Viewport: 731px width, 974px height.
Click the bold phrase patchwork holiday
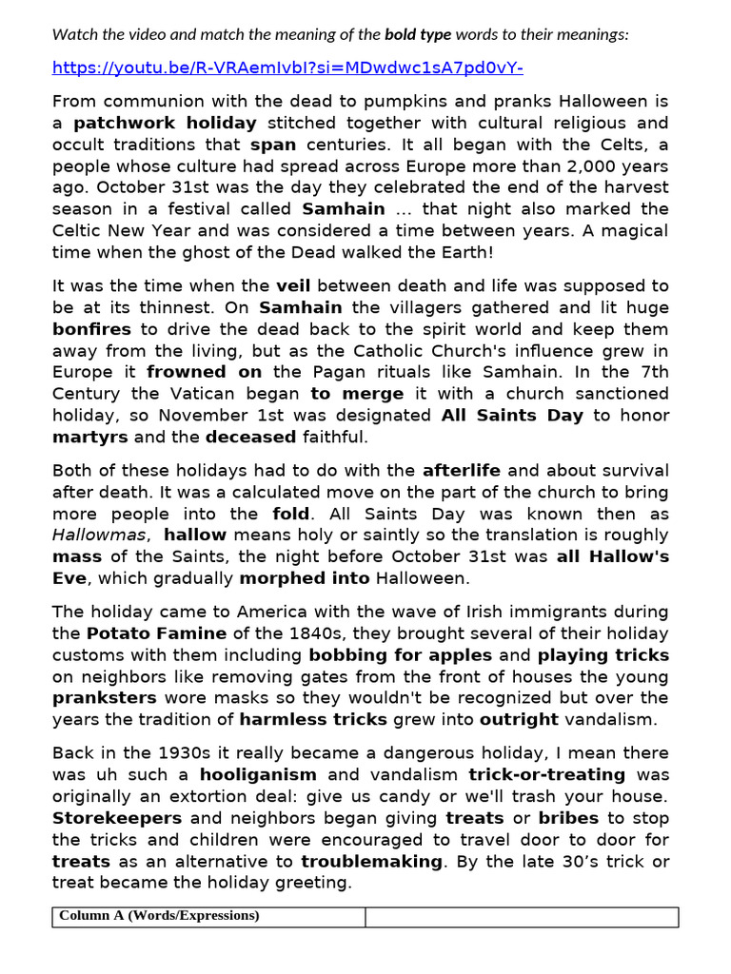pos(166,123)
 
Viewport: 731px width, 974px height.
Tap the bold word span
pos(273,145)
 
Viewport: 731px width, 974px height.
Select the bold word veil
pos(293,285)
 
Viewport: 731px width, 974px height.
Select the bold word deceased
pos(251,437)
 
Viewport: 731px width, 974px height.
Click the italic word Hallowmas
pos(99,535)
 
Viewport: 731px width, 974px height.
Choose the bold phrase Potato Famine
pos(157,633)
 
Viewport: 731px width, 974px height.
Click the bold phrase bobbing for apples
pos(400,654)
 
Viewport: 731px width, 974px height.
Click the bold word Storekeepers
pos(116,818)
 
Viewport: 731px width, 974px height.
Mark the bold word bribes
pos(569,818)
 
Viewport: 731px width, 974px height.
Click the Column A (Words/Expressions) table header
pos(159,916)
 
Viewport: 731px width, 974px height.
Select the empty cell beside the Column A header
pos(522,916)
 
